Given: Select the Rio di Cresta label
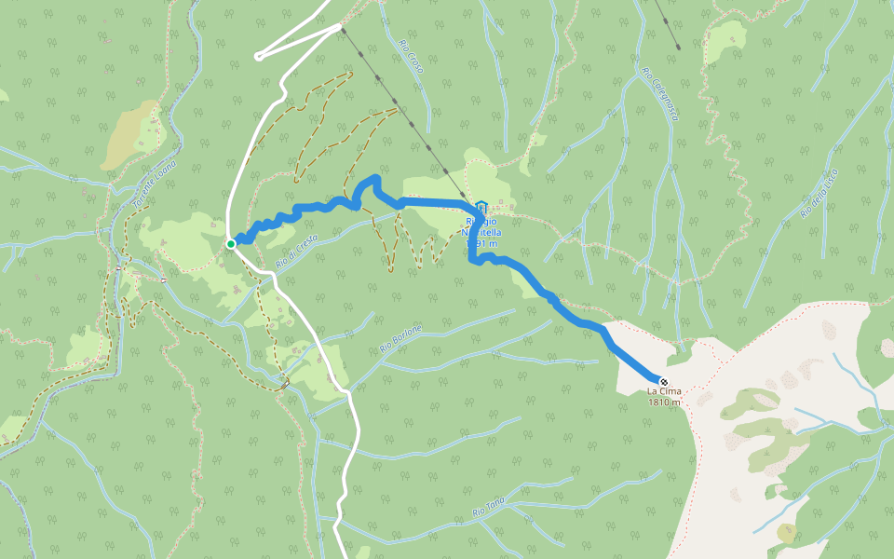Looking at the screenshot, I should click(297, 252).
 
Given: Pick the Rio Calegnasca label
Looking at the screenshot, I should click(660, 93).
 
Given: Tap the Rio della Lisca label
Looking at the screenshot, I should click(819, 192).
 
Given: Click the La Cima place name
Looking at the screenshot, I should click(664, 392).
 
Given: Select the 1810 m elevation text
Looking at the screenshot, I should click(664, 402).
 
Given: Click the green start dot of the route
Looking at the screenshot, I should click(230, 244).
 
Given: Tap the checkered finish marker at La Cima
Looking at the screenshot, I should click(663, 382).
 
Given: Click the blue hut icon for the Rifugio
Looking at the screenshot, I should click(481, 207).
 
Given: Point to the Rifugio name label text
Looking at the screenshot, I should click(482, 226).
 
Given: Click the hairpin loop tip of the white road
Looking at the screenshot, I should click(258, 56).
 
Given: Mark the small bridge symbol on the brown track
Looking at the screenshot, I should click(285, 382).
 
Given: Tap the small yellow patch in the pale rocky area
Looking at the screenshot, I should click(787, 532).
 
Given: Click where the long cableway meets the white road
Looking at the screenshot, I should click(340, 27).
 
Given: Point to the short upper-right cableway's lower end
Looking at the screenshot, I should click(678, 47).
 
